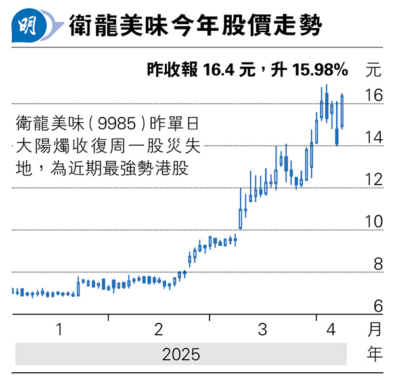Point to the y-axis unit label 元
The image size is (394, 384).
click(374, 69)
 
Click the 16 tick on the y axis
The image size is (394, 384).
click(374, 96)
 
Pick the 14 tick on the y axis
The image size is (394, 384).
click(374, 138)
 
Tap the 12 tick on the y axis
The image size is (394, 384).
click(374, 180)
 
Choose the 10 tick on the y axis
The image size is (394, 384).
click(374, 222)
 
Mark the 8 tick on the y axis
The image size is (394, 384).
click(378, 264)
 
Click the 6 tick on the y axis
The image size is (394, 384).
click(378, 306)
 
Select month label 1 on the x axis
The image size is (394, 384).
click(60, 330)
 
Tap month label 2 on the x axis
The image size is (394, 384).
click(160, 330)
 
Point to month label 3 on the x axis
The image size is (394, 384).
click(262, 330)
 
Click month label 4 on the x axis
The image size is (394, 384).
click(331, 330)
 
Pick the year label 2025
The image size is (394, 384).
click(181, 354)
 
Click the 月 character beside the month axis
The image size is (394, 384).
click(374, 330)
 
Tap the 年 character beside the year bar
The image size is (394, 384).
click(374, 354)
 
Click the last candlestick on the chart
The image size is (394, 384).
click(342, 111)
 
